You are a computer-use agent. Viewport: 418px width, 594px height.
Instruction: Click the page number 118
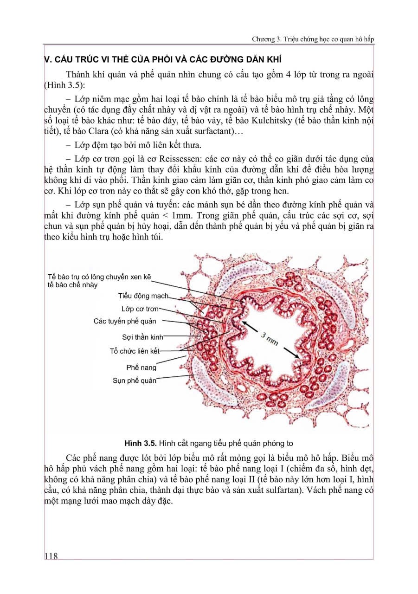click(x=51, y=556)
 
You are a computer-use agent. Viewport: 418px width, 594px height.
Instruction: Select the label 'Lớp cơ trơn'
click(x=140, y=309)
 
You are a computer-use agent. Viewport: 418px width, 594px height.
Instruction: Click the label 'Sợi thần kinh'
click(x=142, y=337)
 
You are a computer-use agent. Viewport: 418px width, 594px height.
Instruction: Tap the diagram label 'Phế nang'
click(x=141, y=368)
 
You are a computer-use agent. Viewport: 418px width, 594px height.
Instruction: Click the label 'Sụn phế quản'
click(x=134, y=381)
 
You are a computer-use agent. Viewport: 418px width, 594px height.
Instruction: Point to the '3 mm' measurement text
click(x=269, y=338)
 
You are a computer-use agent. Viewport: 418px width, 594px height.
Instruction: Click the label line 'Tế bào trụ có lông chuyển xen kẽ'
click(x=100, y=277)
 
